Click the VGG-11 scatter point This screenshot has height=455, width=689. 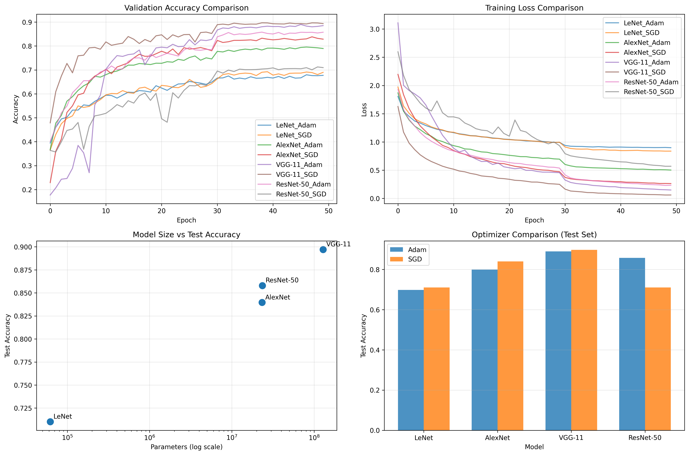coord(323,250)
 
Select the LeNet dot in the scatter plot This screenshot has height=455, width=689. coord(50,422)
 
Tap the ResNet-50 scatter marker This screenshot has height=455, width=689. coord(262,286)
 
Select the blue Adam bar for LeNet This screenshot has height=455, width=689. coord(410,360)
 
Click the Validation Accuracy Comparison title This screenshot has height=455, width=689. coord(186,8)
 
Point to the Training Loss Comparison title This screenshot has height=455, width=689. coord(534,8)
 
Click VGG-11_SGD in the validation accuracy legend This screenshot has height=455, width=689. coord(297,174)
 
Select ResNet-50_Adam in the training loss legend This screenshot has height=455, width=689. coord(651,82)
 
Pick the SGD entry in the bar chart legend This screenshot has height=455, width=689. coord(415,259)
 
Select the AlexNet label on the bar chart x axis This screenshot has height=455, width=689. coord(497,438)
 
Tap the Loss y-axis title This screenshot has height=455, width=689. coord(364,110)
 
